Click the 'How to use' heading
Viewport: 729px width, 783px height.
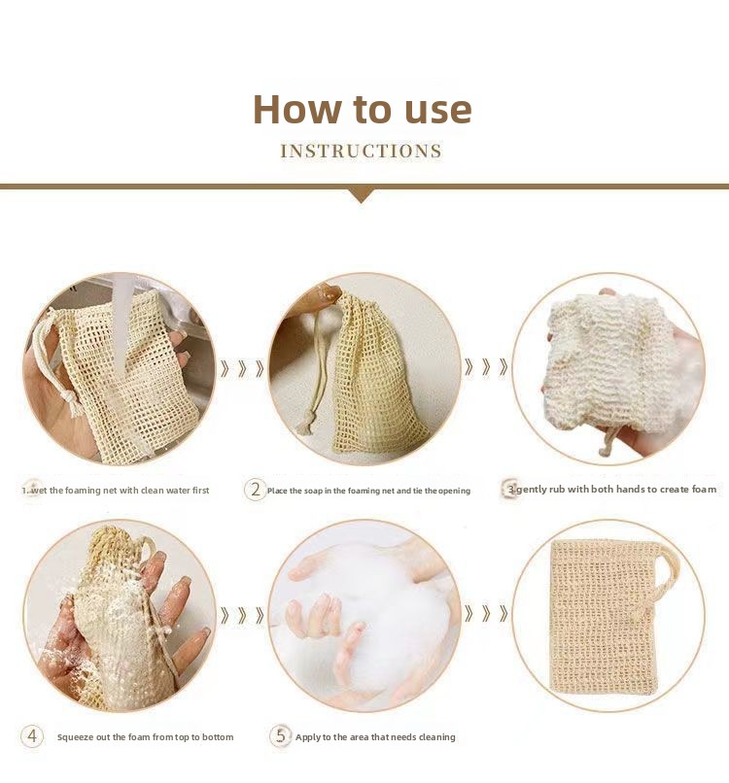point(363,109)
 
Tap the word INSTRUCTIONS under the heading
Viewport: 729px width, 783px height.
point(362,151)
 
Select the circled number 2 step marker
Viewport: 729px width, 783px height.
point(256,490)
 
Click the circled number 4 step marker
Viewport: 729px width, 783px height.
point(32,736)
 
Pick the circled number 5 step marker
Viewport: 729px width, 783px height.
point(280,736)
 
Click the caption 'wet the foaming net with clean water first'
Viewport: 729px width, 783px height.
point(120,491)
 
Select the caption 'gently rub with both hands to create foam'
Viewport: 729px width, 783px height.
point(616,490)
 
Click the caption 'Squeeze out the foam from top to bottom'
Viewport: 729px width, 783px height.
point(146,737)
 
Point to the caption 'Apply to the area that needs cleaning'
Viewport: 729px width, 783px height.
point(375,737)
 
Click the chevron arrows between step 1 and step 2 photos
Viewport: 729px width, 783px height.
point(242,368)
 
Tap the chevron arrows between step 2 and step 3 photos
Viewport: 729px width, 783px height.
point(486,367)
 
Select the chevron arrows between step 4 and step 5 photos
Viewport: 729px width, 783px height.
point(242,615)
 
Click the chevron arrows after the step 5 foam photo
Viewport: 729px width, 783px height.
point(486,613)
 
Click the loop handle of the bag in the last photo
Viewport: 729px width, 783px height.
point(667,574)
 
